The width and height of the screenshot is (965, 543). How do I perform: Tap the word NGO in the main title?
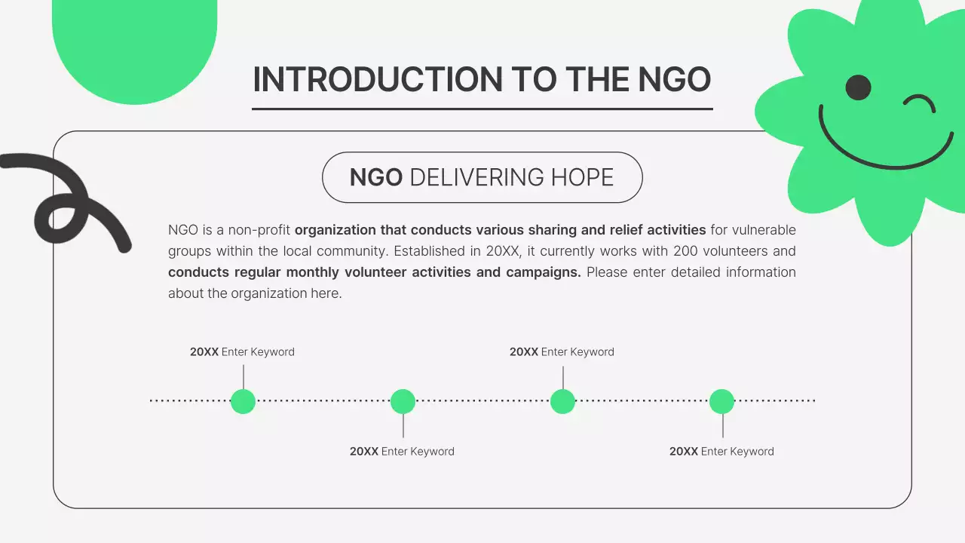[x=675, y=80]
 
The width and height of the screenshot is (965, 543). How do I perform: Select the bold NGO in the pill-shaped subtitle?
[x=375, y=177]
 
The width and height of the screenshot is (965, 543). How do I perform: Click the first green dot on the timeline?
[x=243, y=401]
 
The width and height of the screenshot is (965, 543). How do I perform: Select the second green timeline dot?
[x=403, y=401]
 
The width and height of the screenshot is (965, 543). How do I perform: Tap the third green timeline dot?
[x=562, y=401]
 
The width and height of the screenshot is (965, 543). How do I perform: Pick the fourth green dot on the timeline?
[x=721, y=401]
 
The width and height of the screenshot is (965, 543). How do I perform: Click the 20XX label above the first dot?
[x=204, y=352]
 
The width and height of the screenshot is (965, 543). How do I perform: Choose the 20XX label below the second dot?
[x=364, y=452]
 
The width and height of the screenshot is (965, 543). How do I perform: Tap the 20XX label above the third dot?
[x=524, y=352]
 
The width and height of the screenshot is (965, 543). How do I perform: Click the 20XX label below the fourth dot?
[x=684, y=452]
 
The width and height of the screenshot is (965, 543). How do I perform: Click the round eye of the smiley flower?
[x=858, y=87]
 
